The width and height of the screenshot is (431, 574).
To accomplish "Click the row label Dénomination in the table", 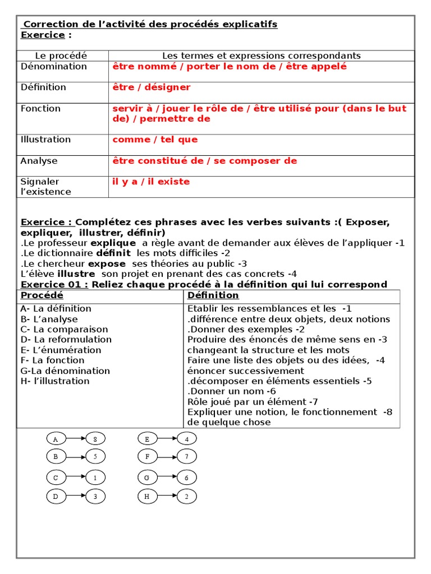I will click(54, 67).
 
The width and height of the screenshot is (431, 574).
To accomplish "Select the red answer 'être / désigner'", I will click(152, 87).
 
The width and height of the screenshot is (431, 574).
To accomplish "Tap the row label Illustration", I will click(45, 140).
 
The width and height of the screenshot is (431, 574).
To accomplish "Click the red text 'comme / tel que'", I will click(155, 140).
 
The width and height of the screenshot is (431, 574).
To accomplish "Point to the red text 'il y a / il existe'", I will click(151, 182).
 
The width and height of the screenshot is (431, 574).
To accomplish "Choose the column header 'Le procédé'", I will click(61, 55).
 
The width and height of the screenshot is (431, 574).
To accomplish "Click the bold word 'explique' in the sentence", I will click(113, 243).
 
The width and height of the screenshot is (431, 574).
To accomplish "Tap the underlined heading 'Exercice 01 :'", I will click(54, 284).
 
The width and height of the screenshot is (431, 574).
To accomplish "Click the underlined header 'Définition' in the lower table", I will click(213, 295).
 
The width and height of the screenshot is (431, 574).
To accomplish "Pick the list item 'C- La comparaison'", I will click(64, 330).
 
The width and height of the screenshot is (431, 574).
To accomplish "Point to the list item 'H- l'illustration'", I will click(54, 381).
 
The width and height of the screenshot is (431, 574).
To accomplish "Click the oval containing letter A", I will click(56, 439).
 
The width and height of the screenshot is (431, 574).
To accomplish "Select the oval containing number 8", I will click(95, 439).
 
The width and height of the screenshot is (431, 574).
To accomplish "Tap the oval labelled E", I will click(147, 439).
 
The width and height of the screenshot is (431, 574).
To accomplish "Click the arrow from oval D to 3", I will click(75, 496).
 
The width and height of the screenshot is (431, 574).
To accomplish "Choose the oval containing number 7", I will click(187, 457).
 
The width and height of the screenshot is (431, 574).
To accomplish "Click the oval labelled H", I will click(147, 496).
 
